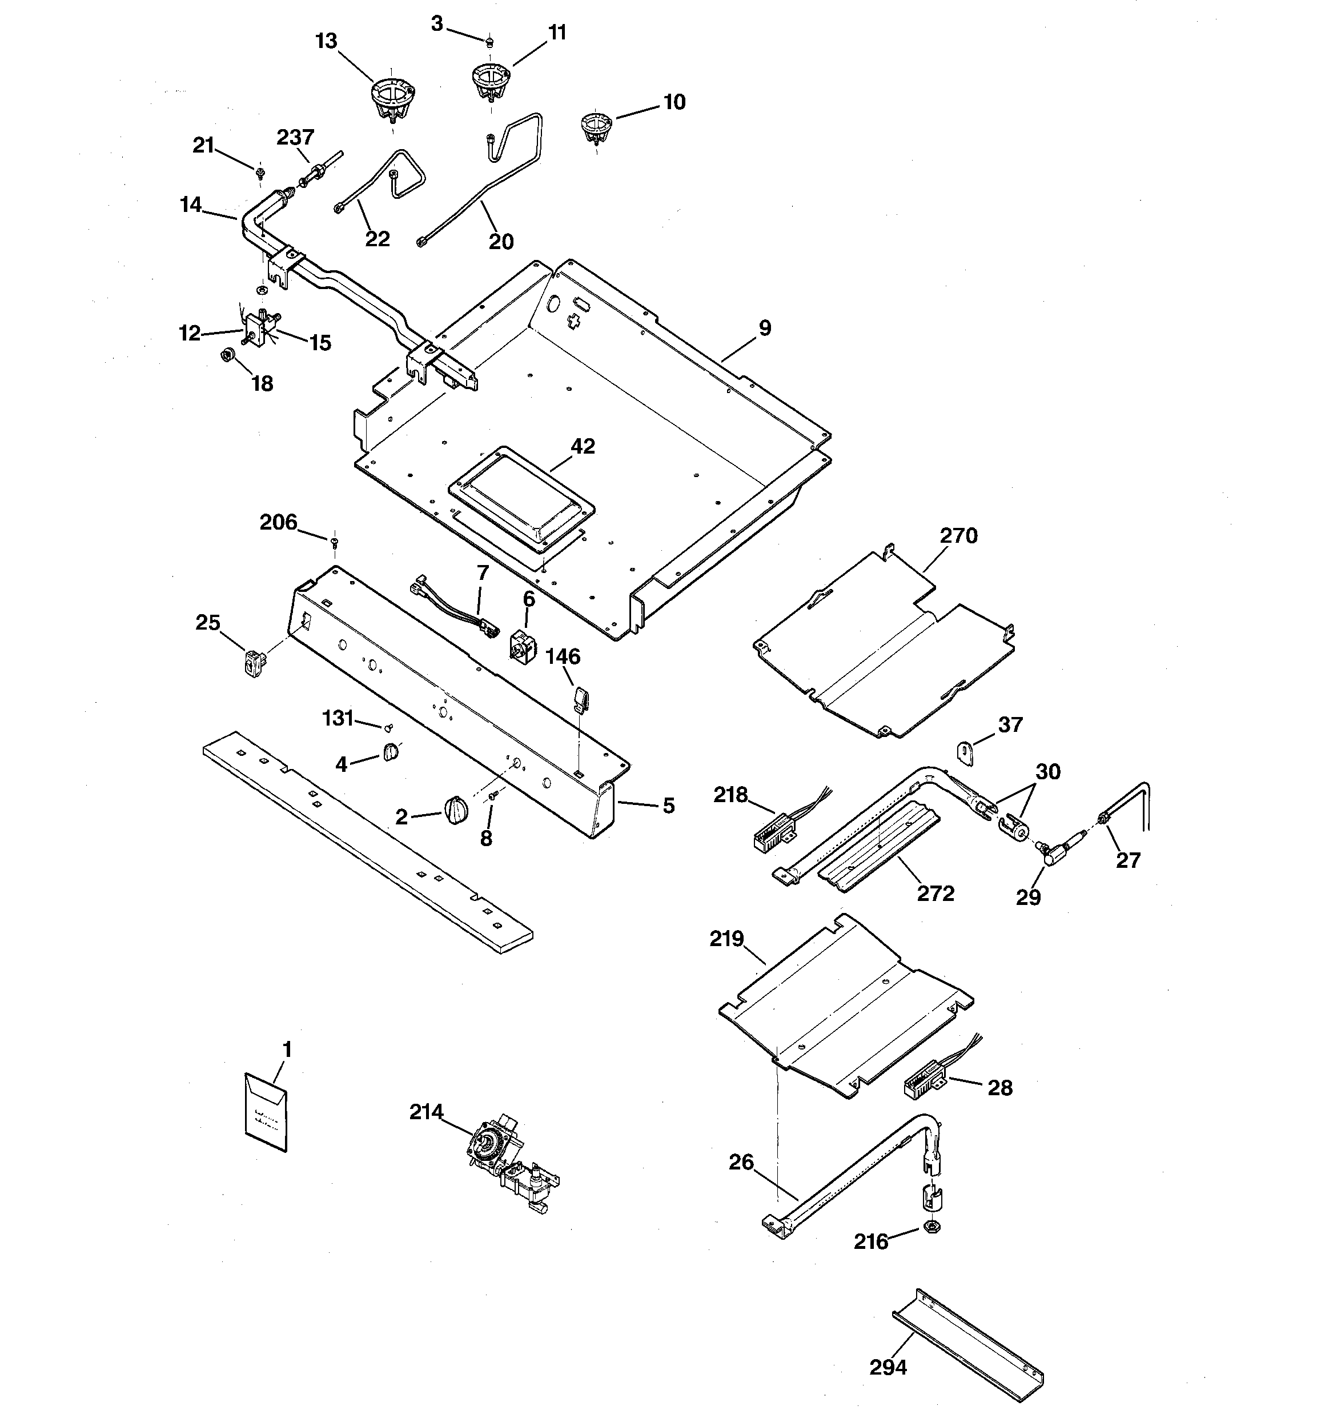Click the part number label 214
426,1112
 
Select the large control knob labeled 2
456,810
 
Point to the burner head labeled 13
392,99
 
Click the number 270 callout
958,535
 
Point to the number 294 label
888,1367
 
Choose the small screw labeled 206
334,543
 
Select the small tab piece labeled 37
965,752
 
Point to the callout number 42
583,446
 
